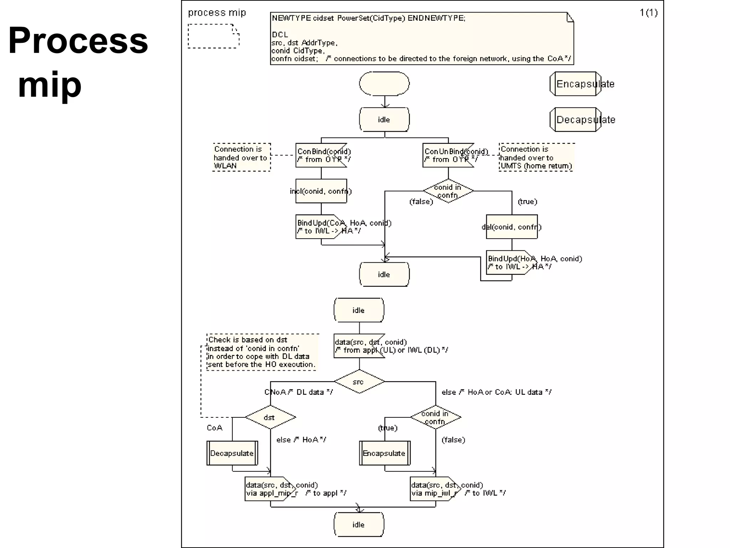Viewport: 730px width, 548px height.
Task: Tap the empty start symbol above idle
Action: coord(384,84)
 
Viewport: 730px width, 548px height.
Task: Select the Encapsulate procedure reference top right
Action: coord(575,84)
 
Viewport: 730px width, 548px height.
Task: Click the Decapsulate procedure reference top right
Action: coord(575,120)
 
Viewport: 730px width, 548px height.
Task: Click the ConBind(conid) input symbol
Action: coord(321,156)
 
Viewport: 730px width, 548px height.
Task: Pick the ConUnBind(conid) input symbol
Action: coord(448,156)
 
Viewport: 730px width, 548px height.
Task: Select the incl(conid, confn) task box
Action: coord(321,191)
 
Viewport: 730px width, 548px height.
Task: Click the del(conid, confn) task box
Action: coord(511,227)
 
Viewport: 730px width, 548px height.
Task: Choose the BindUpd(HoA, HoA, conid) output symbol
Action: coord(511,263)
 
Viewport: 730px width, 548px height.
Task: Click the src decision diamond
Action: coord(359,382)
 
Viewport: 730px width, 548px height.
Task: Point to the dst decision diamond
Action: coord(270,417)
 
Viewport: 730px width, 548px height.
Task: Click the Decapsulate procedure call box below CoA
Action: coord(232,453)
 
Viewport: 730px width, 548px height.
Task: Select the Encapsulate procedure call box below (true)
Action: coord(384,453)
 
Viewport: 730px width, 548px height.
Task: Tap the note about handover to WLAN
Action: coord(241,157)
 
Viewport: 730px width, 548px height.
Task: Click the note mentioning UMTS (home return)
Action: coord(536,157)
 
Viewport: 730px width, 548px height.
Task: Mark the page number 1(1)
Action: coord(648,13)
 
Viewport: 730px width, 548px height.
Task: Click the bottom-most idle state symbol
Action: coord(359,524)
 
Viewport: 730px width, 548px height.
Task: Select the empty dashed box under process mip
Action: coord(213,36)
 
